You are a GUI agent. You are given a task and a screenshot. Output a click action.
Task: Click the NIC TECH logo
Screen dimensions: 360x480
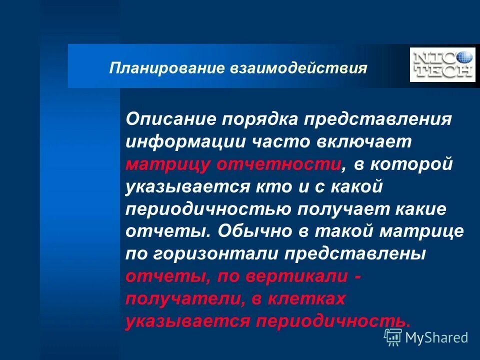(442, 64)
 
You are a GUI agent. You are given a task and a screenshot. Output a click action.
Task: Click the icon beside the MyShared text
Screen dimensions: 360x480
(393, 337)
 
